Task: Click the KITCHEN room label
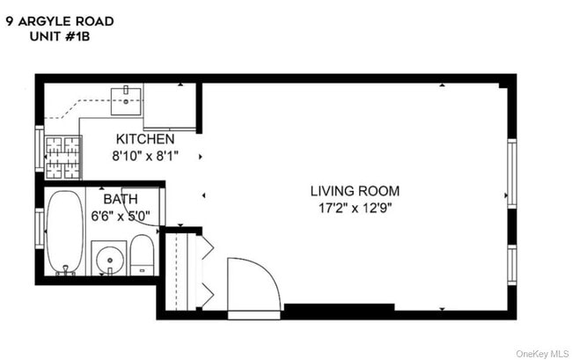point(145,139)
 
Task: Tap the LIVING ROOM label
point(355,190)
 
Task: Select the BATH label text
point(121,199)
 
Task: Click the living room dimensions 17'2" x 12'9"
point(355,208)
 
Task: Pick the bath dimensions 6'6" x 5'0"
point(121,214)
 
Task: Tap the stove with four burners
point(62,157)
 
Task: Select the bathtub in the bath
point(62,233)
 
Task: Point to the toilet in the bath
point(143,257)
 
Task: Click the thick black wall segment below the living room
point(326,311)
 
